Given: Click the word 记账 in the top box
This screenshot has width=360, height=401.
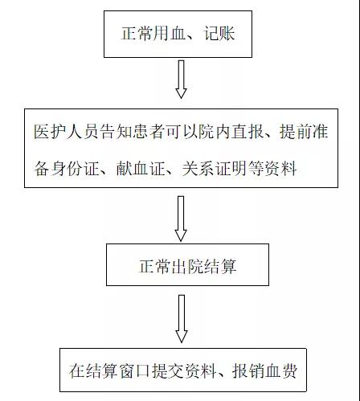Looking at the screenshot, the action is coord(219,34).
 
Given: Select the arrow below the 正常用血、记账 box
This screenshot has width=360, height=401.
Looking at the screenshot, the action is coord(181,79).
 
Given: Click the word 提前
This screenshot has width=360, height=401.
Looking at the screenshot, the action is coord(296,132).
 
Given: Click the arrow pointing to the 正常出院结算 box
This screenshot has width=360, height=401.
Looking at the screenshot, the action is coord(181,219).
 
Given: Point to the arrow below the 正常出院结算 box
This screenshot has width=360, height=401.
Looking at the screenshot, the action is coord(182,319).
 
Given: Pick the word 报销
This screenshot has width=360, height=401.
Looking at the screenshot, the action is coord(248,370).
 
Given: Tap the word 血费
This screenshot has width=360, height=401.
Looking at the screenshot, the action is coord(281,370).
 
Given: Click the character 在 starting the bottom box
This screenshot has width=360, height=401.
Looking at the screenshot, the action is coord(77,370).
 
